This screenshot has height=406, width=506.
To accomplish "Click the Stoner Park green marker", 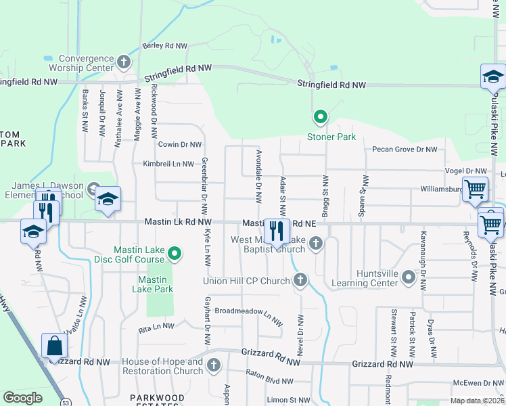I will click(320, 118).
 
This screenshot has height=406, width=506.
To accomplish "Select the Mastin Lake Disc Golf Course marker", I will click(175, 254).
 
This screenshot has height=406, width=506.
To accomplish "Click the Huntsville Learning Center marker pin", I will click(408, 277).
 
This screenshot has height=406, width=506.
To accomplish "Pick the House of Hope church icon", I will click(214, 366).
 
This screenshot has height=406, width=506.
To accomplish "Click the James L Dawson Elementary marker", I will click(94, 190).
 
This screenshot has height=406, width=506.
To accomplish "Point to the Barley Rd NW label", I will click(164, 45).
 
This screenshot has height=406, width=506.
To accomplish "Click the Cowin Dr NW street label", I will click(180, 145).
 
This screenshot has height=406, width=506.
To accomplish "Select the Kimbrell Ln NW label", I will click(168, 164).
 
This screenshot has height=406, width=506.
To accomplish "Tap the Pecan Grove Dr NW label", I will click(405, 149).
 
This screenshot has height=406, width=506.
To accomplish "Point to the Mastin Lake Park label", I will click(156, 284).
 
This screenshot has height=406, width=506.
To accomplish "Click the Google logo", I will click(22, 398).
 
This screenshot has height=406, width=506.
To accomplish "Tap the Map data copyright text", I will click(477, 401).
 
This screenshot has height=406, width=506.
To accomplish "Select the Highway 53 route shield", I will click(47, 402).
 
